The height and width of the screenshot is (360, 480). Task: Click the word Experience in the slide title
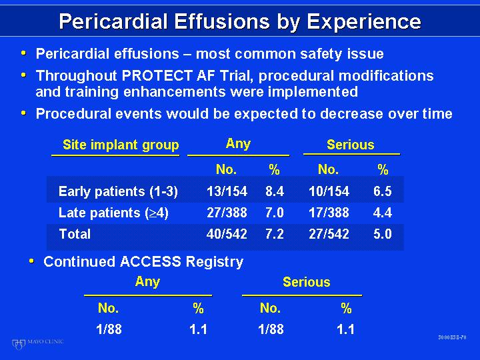coord(364,22)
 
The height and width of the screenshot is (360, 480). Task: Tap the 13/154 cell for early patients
coord(227,191)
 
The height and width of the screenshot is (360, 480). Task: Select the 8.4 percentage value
coord(275,191)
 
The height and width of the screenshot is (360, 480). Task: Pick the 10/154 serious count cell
coord(329,191)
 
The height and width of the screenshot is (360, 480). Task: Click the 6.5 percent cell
coord(383,191)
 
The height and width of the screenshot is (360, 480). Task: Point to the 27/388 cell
coord(227,213)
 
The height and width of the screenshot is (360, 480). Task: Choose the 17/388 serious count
coord(329,213)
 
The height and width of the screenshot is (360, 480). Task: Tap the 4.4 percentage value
coord(383,213)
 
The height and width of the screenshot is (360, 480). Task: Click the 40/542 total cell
coord(227,234)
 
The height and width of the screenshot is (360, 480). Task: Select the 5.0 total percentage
coord(383,234)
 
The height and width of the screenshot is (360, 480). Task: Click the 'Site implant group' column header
coord(121,145)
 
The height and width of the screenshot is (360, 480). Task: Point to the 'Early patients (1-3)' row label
coord(118,191)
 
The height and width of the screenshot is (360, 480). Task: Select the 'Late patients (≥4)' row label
coord(113,213)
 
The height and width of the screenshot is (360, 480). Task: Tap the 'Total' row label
coord(75,234)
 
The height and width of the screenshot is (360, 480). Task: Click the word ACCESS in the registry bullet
coord(151,262)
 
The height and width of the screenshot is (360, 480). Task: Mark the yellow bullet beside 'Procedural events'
coord(23,113)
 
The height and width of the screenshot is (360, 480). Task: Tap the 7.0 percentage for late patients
coord(275,213)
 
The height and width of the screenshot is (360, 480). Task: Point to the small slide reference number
coord(452,337)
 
